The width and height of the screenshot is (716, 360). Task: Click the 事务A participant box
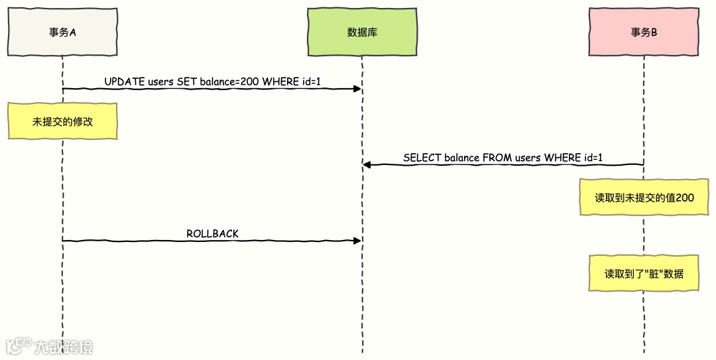point(62,31)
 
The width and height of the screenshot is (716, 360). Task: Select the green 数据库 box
point(362,31)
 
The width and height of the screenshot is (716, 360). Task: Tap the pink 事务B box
point(643,31)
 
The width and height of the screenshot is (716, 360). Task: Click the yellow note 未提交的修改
point(62,121)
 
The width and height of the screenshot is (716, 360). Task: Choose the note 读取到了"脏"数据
point(644,272)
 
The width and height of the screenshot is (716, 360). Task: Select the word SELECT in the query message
point(422,158)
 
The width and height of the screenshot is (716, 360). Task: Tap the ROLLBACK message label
point(212,233)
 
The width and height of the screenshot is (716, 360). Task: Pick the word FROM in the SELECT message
point(497,158)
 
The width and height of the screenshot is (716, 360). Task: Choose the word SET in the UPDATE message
point(186,82)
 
